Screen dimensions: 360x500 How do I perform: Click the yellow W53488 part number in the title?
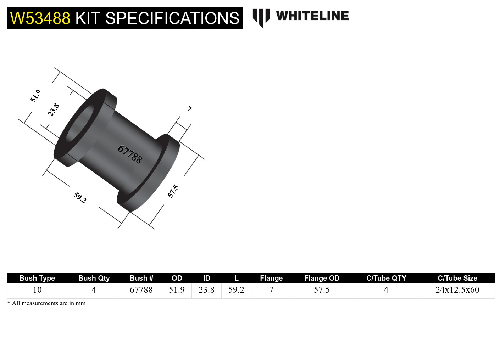point(40,18)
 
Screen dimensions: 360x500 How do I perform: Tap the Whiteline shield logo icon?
point(261,17)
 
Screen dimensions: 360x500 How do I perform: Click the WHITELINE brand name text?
point(312,16)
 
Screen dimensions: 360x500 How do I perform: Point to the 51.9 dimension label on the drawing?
point(35,96)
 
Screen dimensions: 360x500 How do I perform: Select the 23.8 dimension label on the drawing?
point(54,110)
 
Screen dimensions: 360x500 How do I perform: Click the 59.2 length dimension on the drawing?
point(80,197)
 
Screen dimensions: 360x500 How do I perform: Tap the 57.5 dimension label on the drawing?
point(173,191)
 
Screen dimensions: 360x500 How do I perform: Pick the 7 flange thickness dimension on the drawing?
point(189,109)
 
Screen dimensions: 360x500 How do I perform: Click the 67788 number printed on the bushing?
point(130,154)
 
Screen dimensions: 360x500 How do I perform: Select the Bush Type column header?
point(37,278)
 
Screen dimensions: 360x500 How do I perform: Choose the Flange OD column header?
point(322,278)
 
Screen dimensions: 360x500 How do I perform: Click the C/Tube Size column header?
point(457,278)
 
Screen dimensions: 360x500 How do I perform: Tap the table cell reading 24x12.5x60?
point(457,290)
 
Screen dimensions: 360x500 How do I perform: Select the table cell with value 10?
point(37,290)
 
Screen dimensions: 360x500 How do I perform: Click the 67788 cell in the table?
point(141,290)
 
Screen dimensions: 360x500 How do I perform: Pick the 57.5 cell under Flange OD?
point(322,290)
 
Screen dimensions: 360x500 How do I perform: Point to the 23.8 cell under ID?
point(206,290)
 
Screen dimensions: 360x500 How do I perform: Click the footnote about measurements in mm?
point(46,303)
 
